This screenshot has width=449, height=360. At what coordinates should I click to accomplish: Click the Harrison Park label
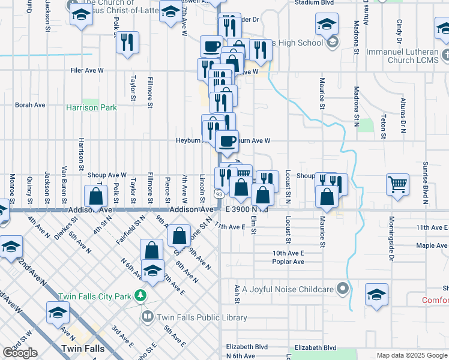pyautogui.click(x=91, y=108)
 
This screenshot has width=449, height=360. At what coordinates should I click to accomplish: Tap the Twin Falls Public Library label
pyautogui.click(x=201, y=317)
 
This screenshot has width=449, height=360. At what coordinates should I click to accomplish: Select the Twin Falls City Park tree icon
pyautogui.click(x=140, y=296)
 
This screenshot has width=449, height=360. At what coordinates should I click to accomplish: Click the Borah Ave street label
pyautogui.click(x=30, y=105)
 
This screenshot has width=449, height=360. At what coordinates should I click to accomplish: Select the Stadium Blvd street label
pyautogui.click(x=315, y=2)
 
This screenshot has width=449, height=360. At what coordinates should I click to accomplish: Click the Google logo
pyautogui.click(x=20, y=353)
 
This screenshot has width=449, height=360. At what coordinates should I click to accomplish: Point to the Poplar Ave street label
pyautogui.click(x=288, y=262)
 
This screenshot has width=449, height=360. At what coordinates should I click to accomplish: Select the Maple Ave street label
pyautogui.click(x=432, y=245)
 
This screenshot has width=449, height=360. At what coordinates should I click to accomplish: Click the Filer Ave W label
pyautogui.click(x=86, y=70)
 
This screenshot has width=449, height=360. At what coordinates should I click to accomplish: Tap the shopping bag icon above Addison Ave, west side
pyautogui.click(x=96, y=196)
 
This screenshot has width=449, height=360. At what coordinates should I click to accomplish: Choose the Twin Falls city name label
pyautogui.click(x=83, y=348)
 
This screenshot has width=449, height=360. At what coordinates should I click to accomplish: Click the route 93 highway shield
pyautogui.click(x=220, y=195)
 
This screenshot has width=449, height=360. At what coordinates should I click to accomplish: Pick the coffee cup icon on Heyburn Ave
pyautogui.click(x=227, y=141)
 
